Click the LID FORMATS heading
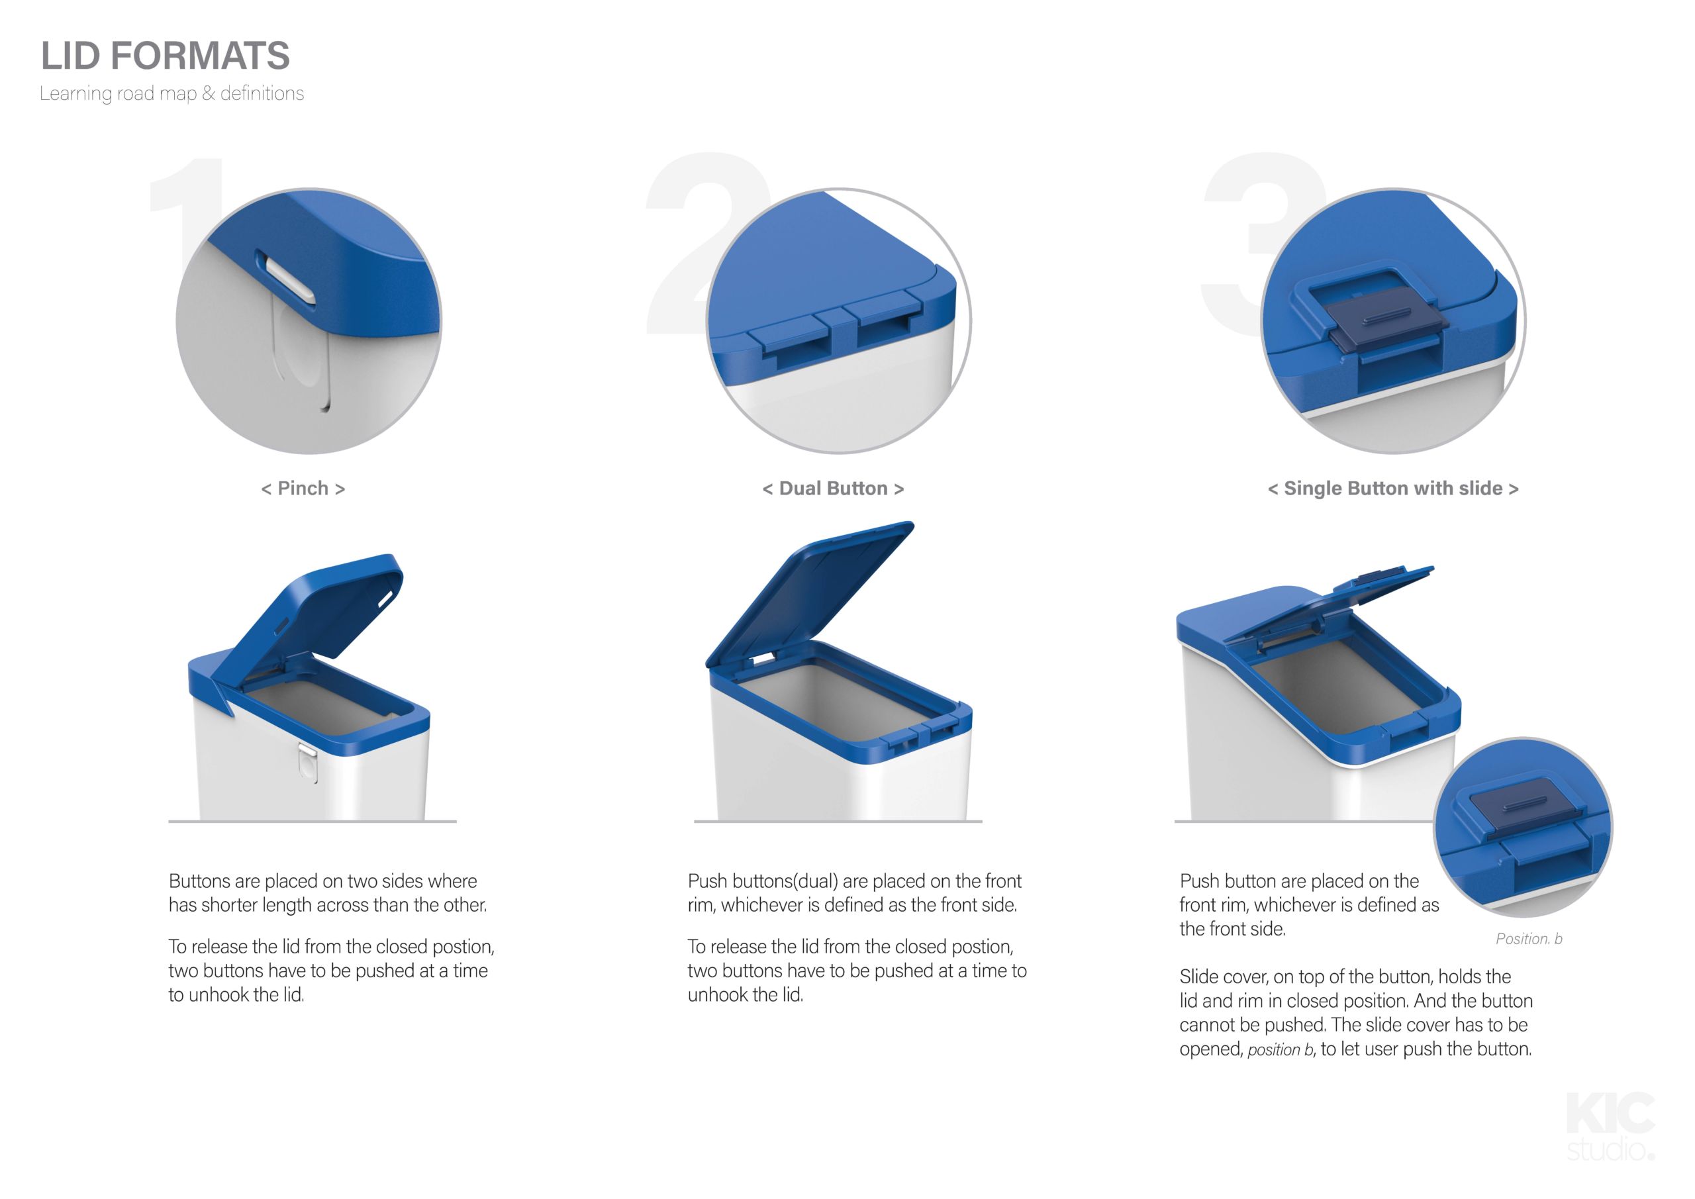pos(166,56)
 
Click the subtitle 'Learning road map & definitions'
pos(172,94)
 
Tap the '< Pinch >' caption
pos(303,489)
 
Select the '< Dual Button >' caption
pos(834,489)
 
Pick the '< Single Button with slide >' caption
pos(1393,489)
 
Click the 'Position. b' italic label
pos(1529,939)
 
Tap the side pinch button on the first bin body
pos(308,763)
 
